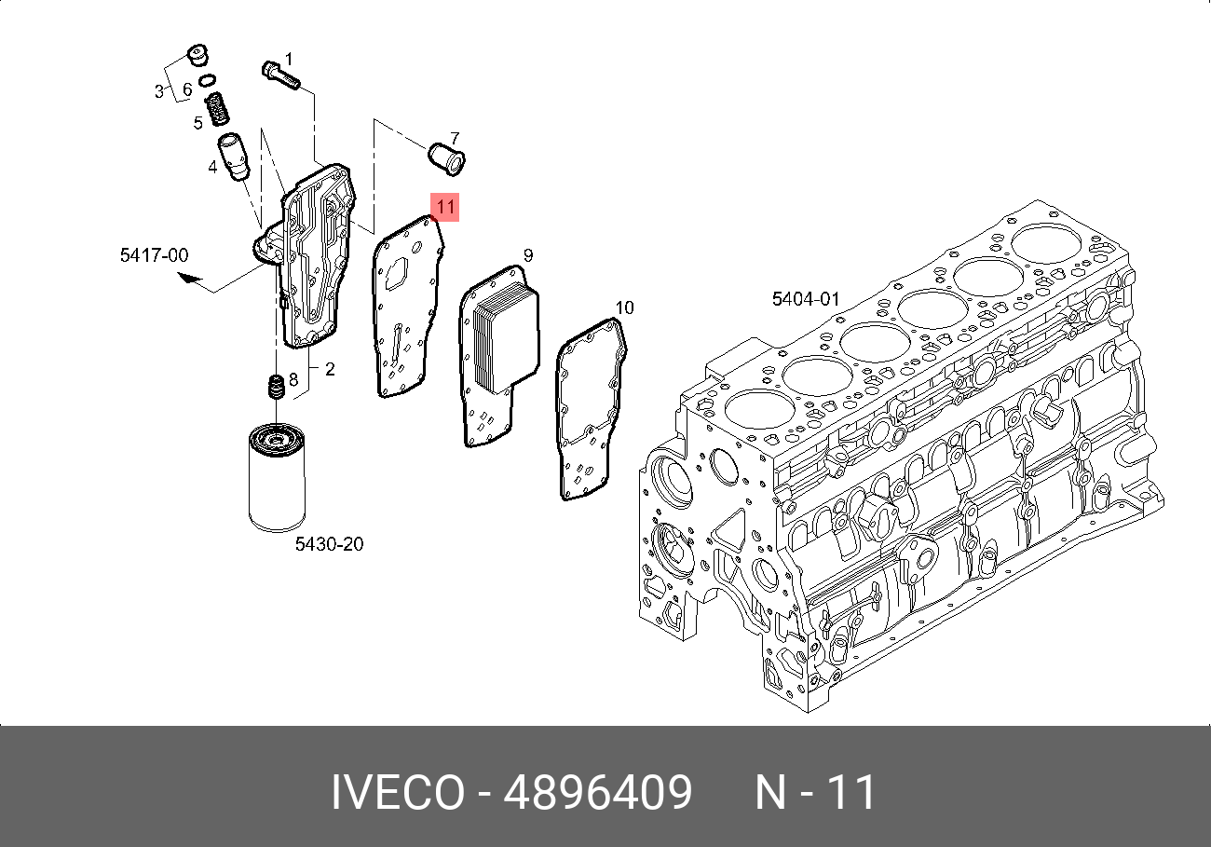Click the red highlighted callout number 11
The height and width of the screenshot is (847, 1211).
coord(444,207)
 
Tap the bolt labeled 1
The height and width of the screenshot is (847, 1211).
coord(279,74)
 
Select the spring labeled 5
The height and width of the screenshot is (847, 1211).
coord(218,110)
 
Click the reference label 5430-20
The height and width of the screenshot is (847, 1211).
coord(329,544)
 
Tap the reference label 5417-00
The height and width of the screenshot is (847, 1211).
coord(154,254)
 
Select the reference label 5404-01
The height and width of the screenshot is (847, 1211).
coord(806,299)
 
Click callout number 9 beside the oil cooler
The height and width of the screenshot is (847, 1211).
coord(527,255)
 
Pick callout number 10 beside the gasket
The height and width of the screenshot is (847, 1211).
coord(624,307)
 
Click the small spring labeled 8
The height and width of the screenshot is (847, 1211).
coord(276,387)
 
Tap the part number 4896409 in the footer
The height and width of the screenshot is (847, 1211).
coord(598,794)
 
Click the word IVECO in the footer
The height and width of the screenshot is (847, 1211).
coord(398,794)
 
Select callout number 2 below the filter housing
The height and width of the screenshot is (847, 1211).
coord(330,369)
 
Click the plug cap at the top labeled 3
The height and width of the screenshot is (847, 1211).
coord(197,54)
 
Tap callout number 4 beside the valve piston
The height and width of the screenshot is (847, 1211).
coord(212,167)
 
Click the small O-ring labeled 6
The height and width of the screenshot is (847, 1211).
coord(209,80)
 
